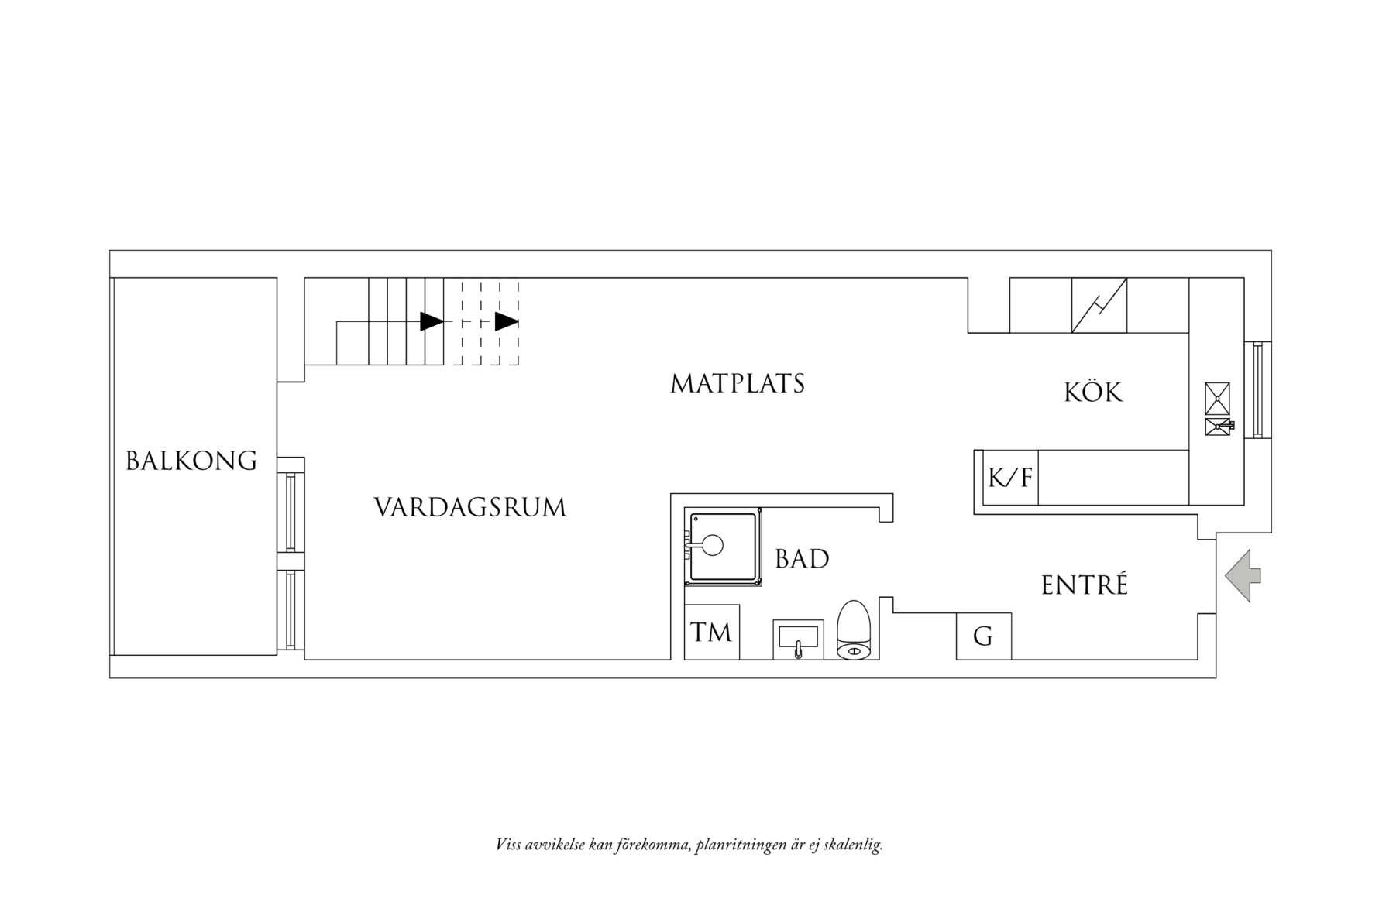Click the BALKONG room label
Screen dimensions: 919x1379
pyautogui.click(x=191, y=461)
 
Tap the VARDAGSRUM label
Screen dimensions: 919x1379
pyautogui.click(x=469, y=508)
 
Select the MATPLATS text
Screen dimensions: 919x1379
pyautogui.click(x=738, y=384)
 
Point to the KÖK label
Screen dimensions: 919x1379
pyautogui.click(x=1092, y=393)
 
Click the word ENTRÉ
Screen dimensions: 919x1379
pyautogui.click(x=1084, y=585)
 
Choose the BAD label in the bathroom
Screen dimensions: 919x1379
pyautogui.click(x=802, y=559)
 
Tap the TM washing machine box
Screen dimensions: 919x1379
pyautogui.click(x=711, y=633)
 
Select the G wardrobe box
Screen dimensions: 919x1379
pyautogui.click(x=983, y=636)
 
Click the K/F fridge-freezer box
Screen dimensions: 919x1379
pyautogui.click(x=1010, y=477)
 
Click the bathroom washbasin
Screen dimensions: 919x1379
pyautogui.click(x=797, y=639)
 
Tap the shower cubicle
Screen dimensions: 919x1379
pyautogui.click(x=722, y=547)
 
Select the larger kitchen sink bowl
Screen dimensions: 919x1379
pyautogui.click(x=1217, y=398)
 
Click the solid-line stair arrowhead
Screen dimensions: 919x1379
pyautogui.click(x=431, y=321)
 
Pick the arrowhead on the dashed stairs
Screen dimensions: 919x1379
pyautogui.click(x=506, y=321)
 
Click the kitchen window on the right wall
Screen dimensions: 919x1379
pyautogui.click(x=1257, y=389)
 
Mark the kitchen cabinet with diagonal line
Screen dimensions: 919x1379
pyautogui.click(x=1099, y=305)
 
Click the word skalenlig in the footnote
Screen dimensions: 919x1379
pyautogui.click(x=855, y=845)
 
